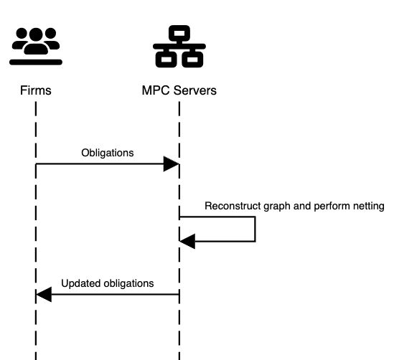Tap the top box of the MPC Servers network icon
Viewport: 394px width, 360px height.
point(179,33)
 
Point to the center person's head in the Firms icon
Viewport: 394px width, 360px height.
point(36,34)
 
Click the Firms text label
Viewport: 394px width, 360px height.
point(36,90)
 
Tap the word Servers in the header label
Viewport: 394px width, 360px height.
point(192,90)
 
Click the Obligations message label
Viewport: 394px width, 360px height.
point(107,153)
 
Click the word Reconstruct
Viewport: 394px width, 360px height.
point(233,206)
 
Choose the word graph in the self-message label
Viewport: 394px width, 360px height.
point(278,206)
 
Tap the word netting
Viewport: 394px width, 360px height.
point(368,206)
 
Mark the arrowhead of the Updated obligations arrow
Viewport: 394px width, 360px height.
point(44,294)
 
